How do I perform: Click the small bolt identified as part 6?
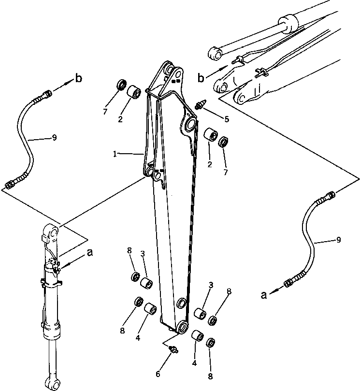point(175,349)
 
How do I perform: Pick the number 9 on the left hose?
point(54,138)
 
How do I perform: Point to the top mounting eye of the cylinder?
point(52,232)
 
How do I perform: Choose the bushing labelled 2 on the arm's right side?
point(210,135)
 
